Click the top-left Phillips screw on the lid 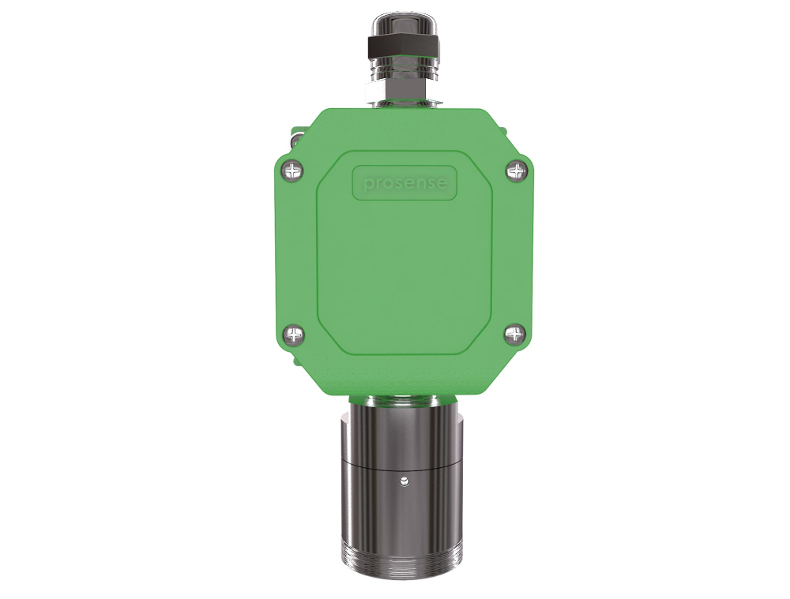pos(293,169)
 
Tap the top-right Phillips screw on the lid pos(516,169)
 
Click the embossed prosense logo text pos(404,183)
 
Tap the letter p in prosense pos(367,185)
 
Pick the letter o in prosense pos(386,184)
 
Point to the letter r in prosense pos(376,184)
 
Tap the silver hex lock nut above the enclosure pos(404,94)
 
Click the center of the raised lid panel pos(404,253)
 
